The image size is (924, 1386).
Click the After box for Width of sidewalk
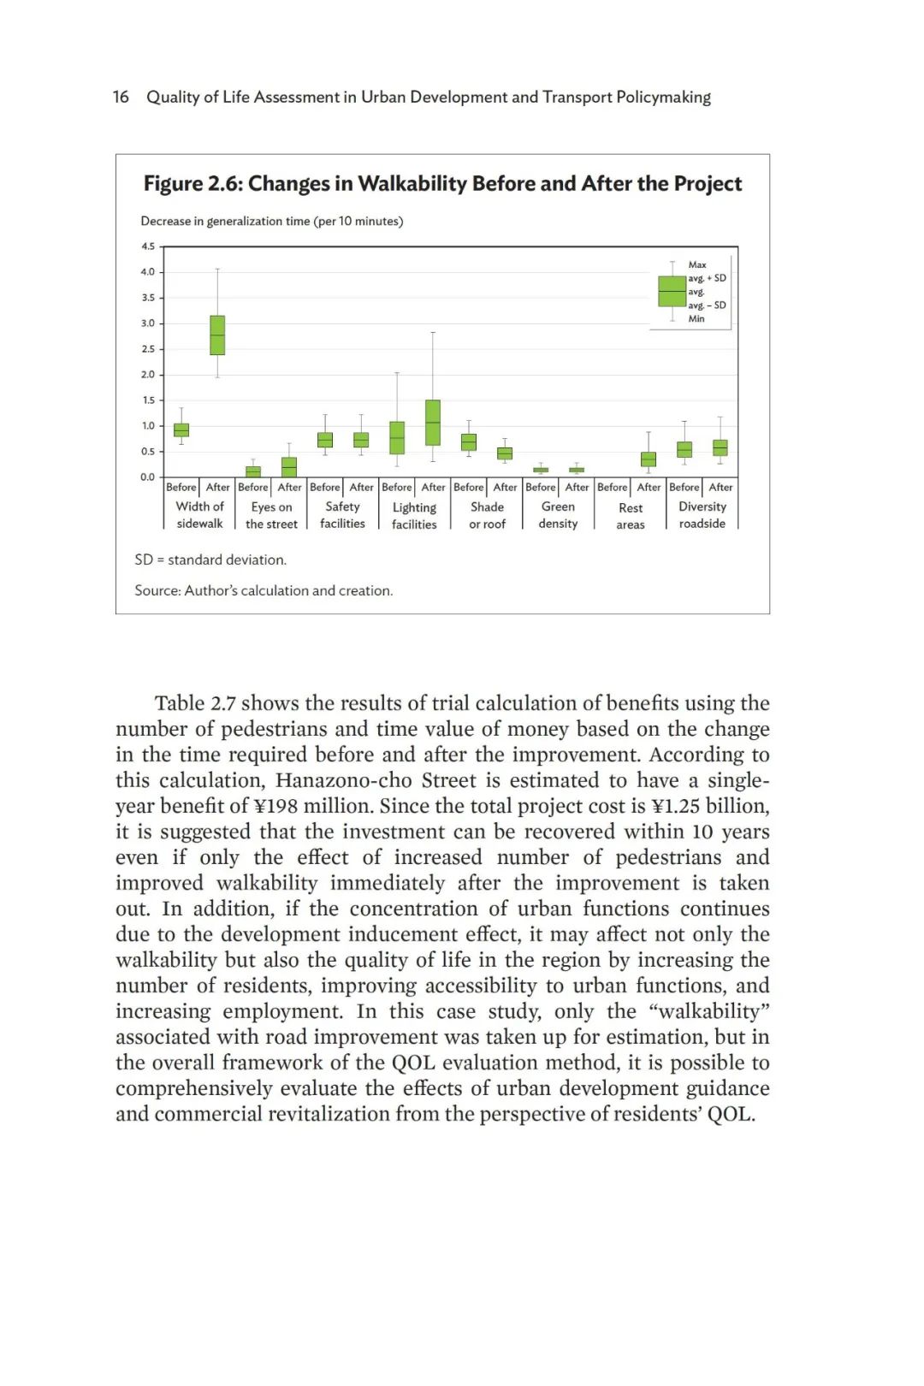pyautogui.click(x=217, y=335)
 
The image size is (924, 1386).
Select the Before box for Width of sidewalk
pyautogui.click(x=181, y=429)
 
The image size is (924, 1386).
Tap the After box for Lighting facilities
pyautogui.click(x=433, y=423)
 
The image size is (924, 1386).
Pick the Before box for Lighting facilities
pyautogui.click(x=397, y=437)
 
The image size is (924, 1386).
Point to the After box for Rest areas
pyautogui.click(x=649, y=459)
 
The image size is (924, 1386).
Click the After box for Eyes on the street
pyautogui.click(x=289, y=467)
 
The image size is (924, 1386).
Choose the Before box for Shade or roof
pyautogui.click(x=469, y=441)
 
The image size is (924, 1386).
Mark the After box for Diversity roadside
pyautogui.click(x=720, y=447)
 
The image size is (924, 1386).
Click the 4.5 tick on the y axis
pyautogui.click(x=148, y=246)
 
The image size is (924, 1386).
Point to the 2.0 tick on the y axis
pyautogui.click(x=148, y=375)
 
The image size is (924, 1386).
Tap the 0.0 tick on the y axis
pyautogui.click(x=148, y=477)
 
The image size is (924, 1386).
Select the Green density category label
pyautogui.click(x=558, y=515)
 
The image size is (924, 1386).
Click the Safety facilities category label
pyautogui.click(x=342, y=515)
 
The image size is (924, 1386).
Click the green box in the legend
pyautogui.click(x=672, y=291)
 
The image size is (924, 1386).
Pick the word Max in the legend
pyautogui.click(x=697, y=265)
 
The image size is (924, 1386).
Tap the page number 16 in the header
pyautogui.click(x=121, y=97)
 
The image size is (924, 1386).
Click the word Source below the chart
pyautogui.click(x=156, y=590)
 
